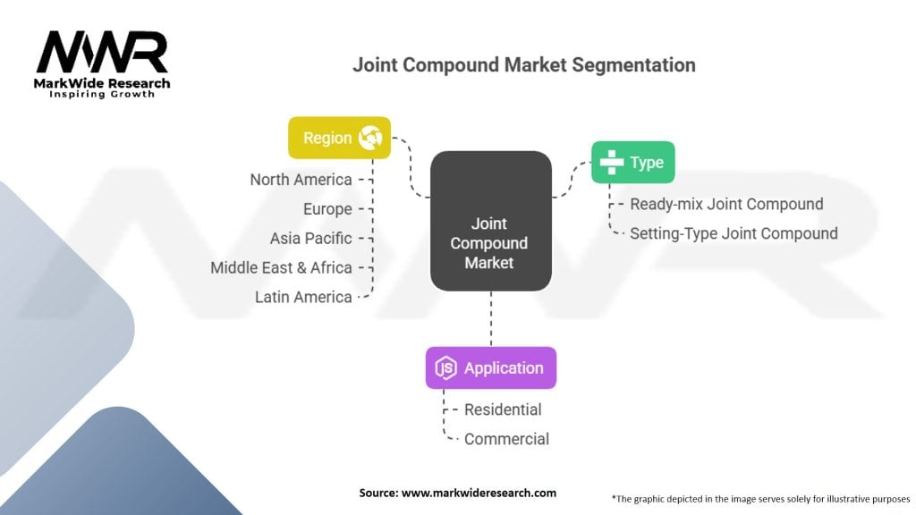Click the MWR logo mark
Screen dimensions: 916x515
[102, 53]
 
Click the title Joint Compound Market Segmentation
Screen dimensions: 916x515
[524, 64]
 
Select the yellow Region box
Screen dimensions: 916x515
[339, 138]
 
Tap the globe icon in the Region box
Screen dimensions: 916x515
[370, 138]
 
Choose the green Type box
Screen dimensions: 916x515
[632, 163]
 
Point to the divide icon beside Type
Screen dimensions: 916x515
[612, 163]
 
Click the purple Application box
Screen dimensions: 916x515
[491, 367]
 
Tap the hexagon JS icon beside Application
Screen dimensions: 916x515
[445, 367]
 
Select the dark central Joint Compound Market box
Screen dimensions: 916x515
[491, 222]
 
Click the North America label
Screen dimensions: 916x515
[301, 180]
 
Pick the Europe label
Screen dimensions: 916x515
[327, 209]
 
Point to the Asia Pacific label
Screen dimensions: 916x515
[310, 238]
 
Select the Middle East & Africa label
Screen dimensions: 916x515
[281, 267]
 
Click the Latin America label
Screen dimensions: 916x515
[303, 297]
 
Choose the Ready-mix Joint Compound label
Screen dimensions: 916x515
[726, 205]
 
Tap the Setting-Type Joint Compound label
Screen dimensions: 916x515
[734, 233]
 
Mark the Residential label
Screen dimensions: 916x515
[503, 409]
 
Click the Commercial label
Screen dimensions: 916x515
[506, 439]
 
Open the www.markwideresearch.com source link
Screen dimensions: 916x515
[479, 493]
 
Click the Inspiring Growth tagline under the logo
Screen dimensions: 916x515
[102, 94]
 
